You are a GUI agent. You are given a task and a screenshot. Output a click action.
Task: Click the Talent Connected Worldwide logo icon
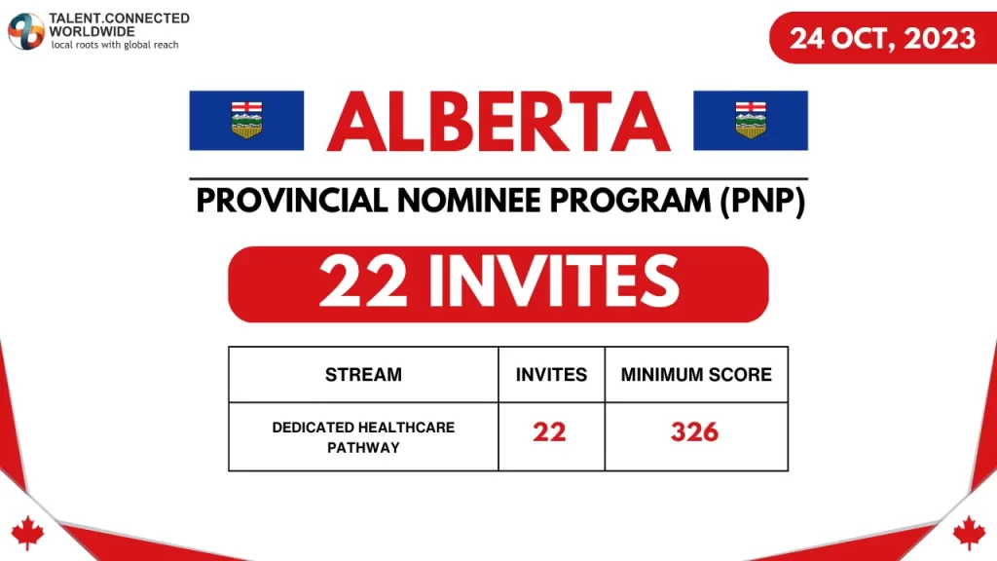(x=26, y=32)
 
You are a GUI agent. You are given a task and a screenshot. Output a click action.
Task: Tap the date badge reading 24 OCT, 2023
(x=882, y=38)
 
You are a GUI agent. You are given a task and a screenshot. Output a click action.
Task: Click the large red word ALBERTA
(x=498, y=122)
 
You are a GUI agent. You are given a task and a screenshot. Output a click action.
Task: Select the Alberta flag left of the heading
(x=246, y=120)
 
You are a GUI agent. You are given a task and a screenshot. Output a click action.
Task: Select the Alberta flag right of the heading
(x=750, y=120)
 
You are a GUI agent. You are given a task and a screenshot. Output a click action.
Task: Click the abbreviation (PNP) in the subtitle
(x=762, y=203)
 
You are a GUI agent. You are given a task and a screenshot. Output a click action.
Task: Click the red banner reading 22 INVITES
(x=498, y=283)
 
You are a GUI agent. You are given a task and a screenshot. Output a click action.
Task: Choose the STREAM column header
(x=363, y=374)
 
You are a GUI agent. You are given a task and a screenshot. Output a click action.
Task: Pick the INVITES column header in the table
(x=551, y=374)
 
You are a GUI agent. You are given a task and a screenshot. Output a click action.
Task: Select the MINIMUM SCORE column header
(x=696, y=374)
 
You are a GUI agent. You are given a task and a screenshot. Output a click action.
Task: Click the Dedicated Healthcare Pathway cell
(x=363, y=437)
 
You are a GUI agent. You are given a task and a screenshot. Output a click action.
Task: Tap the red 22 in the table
(x=550, y=432)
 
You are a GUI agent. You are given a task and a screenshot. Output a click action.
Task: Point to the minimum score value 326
(x=695, y=432)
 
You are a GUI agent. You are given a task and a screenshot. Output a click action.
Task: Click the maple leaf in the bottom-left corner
(x=27, y=531)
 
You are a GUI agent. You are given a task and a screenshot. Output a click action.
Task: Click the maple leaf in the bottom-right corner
(x=969, y=532)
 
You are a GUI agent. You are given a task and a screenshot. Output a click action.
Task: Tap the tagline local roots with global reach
(x=115, y=46)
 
